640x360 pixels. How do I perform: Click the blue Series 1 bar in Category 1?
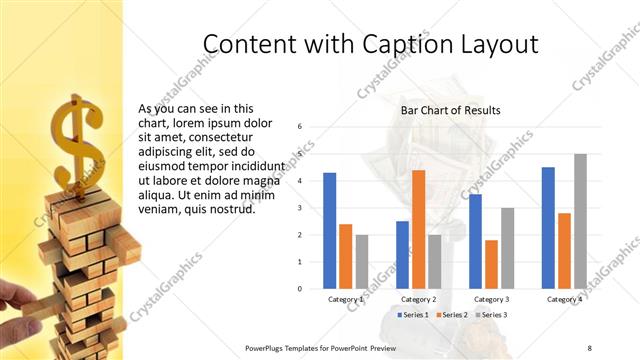(330, 230)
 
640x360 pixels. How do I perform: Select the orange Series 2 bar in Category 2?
(418, 229)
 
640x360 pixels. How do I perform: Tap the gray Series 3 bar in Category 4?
(580, 221)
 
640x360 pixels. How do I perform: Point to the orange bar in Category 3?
(491, 264)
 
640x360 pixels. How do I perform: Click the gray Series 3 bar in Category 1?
(362, 261)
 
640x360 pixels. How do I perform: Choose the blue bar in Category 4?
(548, 227)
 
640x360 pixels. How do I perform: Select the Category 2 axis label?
(418, 299)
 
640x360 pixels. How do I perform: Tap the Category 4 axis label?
(564, 299)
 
